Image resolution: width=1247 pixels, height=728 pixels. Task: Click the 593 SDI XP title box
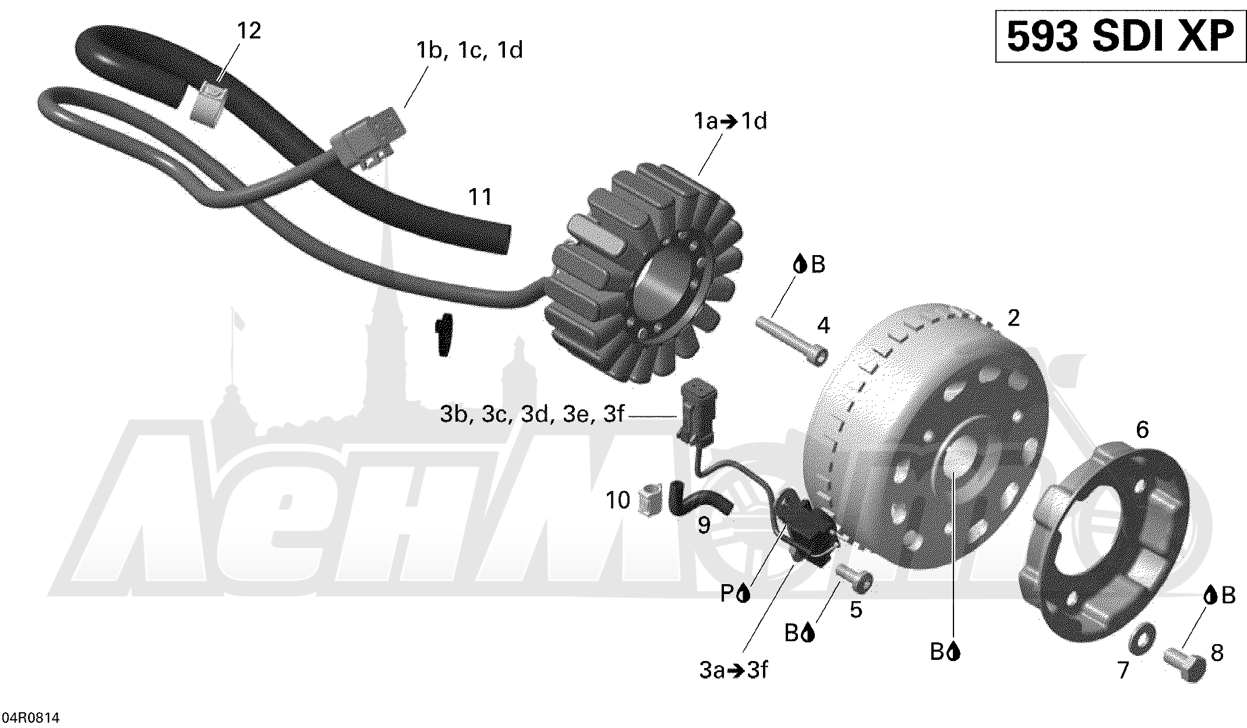click(1120, 37)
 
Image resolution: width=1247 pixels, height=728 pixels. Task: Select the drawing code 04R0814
click(31, 718)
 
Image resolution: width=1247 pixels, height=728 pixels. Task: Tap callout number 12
click(249, 31)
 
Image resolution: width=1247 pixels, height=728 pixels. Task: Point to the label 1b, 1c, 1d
click(469, 50)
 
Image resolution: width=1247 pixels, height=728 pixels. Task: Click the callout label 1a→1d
click(730, 121)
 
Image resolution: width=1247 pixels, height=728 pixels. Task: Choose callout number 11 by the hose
click(481, 197)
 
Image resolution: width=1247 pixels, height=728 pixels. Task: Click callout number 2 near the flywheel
click(1013, 318)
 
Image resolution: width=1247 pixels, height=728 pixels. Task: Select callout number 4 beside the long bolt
click(823, 325)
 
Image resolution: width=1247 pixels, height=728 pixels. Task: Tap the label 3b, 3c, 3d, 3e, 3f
click(532, 415)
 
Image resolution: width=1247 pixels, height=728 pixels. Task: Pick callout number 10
click(618, 500)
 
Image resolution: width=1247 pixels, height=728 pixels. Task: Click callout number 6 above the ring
click(1142, 430)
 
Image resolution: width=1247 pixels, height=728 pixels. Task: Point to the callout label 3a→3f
click(734, 670)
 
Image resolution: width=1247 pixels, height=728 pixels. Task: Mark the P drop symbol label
click(734, 594)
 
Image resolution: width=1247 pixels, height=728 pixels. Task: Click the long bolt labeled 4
click(792, 342)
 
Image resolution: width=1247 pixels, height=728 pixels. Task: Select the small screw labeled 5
click(855, 579)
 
